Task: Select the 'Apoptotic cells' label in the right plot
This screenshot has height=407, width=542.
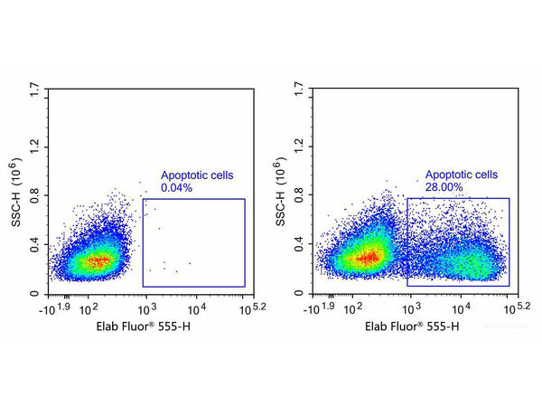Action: [x=462, y=175]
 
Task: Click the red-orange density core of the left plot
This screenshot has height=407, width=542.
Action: [x=102, y=260]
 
